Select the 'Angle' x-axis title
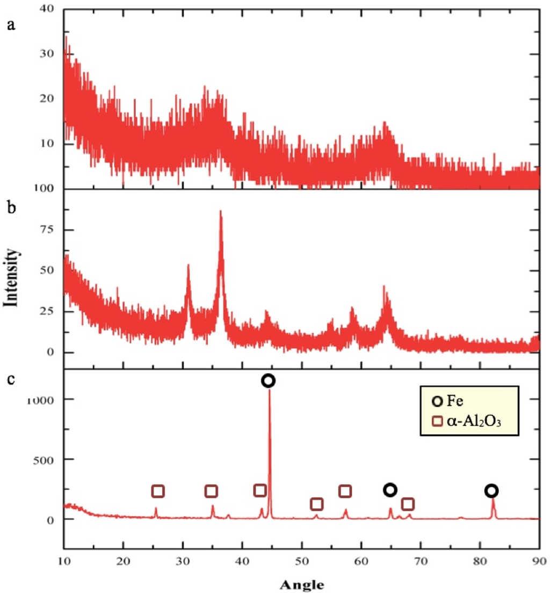302,583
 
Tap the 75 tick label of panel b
46,230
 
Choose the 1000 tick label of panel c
41,399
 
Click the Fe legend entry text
455,401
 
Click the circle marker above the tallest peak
269,381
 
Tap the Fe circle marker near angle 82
491,490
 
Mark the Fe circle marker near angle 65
390,490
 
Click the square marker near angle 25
157,491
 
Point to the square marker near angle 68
408,504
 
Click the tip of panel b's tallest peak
220,211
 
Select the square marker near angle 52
316,504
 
